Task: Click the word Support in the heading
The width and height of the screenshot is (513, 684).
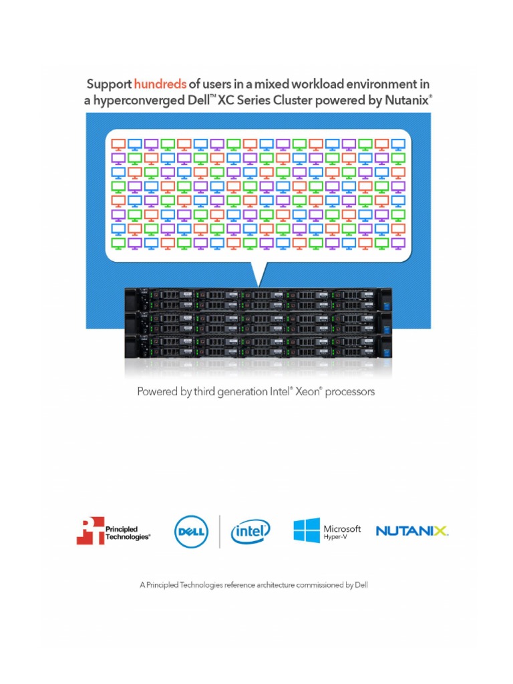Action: click(109, 84)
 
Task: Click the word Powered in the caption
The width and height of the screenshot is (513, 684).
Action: click(158, 391)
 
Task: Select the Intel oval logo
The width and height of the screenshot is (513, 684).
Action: click(250, 532)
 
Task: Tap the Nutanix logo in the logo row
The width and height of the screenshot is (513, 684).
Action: click(412, 532)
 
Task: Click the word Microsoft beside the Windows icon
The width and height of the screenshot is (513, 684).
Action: click(343, 528)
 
